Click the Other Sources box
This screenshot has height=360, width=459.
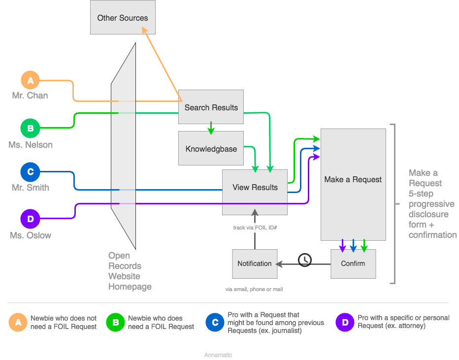coord(123,18)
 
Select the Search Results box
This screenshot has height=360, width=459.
coord(211,107)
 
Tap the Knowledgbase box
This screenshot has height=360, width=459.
coord(211,148)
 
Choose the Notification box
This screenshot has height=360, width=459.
coord(254,263)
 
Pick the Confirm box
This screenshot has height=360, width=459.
coord(353,263)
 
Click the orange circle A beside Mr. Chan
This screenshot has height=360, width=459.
coord(31,80)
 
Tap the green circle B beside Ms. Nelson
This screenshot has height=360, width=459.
coord(30,129)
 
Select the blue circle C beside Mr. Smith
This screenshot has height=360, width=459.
coord(30,172)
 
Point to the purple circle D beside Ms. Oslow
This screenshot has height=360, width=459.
coord(30,219)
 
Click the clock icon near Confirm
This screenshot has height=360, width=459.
coord(305,260)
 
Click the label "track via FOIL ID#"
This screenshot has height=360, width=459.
coord(254,228)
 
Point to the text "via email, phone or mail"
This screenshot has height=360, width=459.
coord(254,289)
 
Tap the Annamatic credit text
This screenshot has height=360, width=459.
coord(218,355)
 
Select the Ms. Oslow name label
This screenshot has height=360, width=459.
coord(31,235)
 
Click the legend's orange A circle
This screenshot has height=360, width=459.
coord(18,323)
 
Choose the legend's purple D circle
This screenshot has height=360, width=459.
coord(345,323)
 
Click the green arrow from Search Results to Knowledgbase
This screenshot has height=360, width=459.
coord(211,128)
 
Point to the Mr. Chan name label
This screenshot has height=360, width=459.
coord(30,96)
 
